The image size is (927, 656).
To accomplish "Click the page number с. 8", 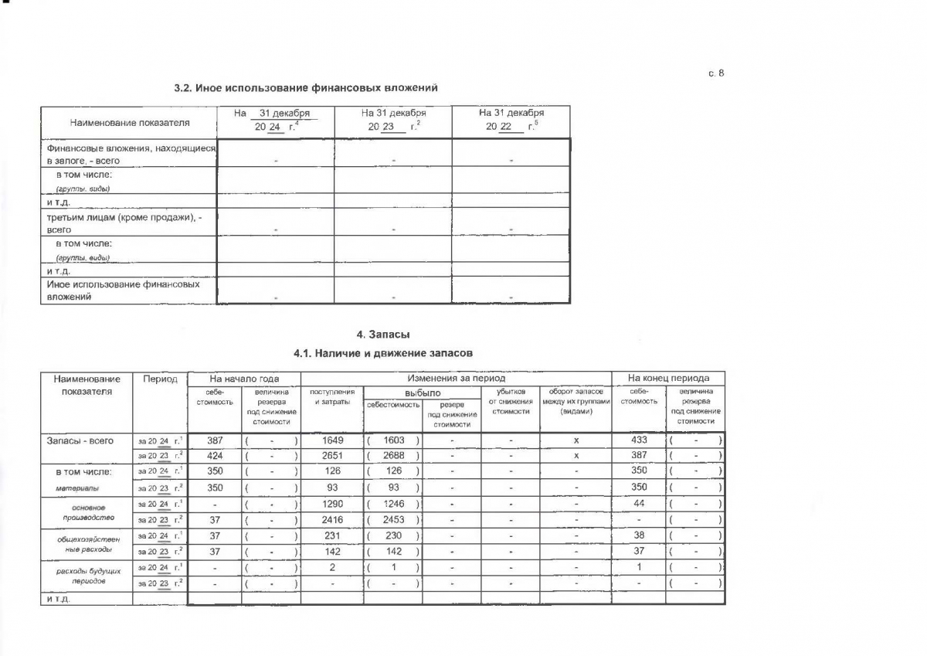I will tap(716, 73).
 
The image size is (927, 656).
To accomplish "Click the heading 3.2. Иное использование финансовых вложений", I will tap(311, 87).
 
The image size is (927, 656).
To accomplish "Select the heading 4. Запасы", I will tap(383, 335).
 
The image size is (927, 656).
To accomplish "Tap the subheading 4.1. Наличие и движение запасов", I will tap(383, 353).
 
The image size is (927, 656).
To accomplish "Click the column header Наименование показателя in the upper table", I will tap(130, 122).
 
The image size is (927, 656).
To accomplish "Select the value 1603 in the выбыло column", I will tap(393, 440).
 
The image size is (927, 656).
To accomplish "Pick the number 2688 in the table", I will tap(393, 455).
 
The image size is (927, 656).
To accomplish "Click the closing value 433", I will tap(638, 439).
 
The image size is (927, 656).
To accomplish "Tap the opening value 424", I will tap(215, 455).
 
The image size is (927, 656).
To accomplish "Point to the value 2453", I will tap(393, 520).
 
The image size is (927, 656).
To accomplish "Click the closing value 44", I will tap(638, 503).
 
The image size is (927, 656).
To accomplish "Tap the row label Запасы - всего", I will tap(80, 440).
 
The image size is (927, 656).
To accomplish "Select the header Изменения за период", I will tap(456, 379).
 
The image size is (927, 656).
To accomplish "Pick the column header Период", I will tap(160, 379).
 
